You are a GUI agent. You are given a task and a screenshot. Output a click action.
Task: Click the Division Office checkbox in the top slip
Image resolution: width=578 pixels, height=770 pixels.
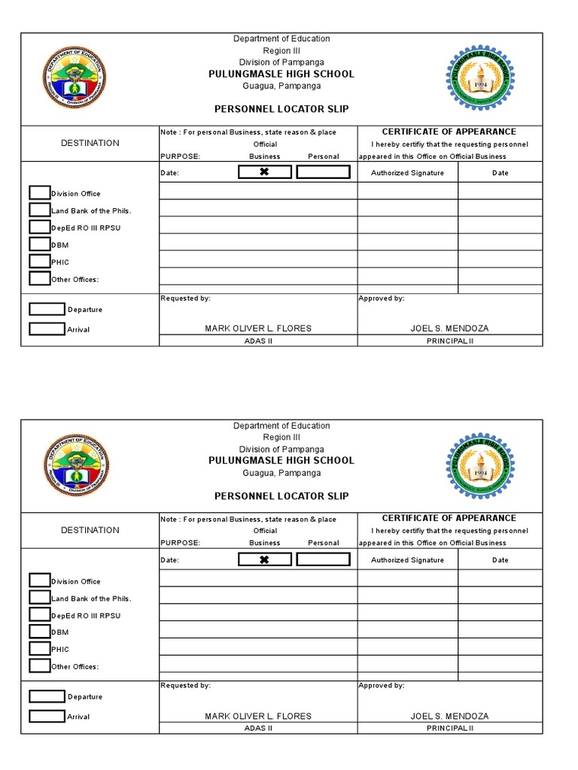(40, 192)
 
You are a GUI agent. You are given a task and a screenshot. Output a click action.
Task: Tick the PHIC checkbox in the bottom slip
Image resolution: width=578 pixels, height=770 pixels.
(40, 648)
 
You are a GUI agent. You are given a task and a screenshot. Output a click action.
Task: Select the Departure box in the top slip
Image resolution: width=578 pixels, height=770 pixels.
(47, 309)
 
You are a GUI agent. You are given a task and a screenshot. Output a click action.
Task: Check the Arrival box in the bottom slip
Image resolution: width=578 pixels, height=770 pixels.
(47, 716)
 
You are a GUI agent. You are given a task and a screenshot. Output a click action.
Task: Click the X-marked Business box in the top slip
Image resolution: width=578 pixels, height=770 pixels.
(264, 172)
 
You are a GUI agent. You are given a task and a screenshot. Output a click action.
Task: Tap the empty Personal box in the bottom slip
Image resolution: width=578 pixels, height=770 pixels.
(323, 559)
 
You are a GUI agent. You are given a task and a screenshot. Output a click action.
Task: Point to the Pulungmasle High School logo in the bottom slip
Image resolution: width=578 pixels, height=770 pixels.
(480, 465)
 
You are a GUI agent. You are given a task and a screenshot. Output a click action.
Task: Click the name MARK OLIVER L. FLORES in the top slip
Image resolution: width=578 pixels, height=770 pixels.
(258, 329)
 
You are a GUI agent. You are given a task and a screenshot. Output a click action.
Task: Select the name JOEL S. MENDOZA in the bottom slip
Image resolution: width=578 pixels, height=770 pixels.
(449, 716)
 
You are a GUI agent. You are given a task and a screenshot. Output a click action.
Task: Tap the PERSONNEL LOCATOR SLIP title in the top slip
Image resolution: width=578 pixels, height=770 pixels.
(281, 109)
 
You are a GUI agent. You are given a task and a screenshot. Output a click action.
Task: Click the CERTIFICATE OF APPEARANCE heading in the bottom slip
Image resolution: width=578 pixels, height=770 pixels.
(449, 518)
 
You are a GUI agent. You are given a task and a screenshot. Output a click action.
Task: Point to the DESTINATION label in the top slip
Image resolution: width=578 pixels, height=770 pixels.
(90, 143)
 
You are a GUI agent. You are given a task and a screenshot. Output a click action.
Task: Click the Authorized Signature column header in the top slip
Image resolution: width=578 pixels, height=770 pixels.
(407, 173)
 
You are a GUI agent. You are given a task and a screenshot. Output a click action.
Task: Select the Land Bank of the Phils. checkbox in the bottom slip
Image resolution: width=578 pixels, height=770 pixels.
(40, 597)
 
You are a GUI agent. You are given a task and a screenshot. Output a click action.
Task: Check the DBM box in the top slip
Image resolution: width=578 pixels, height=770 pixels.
(40, 244)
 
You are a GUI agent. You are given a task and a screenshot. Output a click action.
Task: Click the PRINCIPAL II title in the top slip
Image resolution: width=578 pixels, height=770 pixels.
(449, 341)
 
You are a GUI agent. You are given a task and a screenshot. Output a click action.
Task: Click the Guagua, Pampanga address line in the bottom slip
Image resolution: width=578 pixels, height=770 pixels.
(281, 473)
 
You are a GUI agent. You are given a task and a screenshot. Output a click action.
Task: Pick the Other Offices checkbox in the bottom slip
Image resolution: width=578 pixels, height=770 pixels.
(40, 665)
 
